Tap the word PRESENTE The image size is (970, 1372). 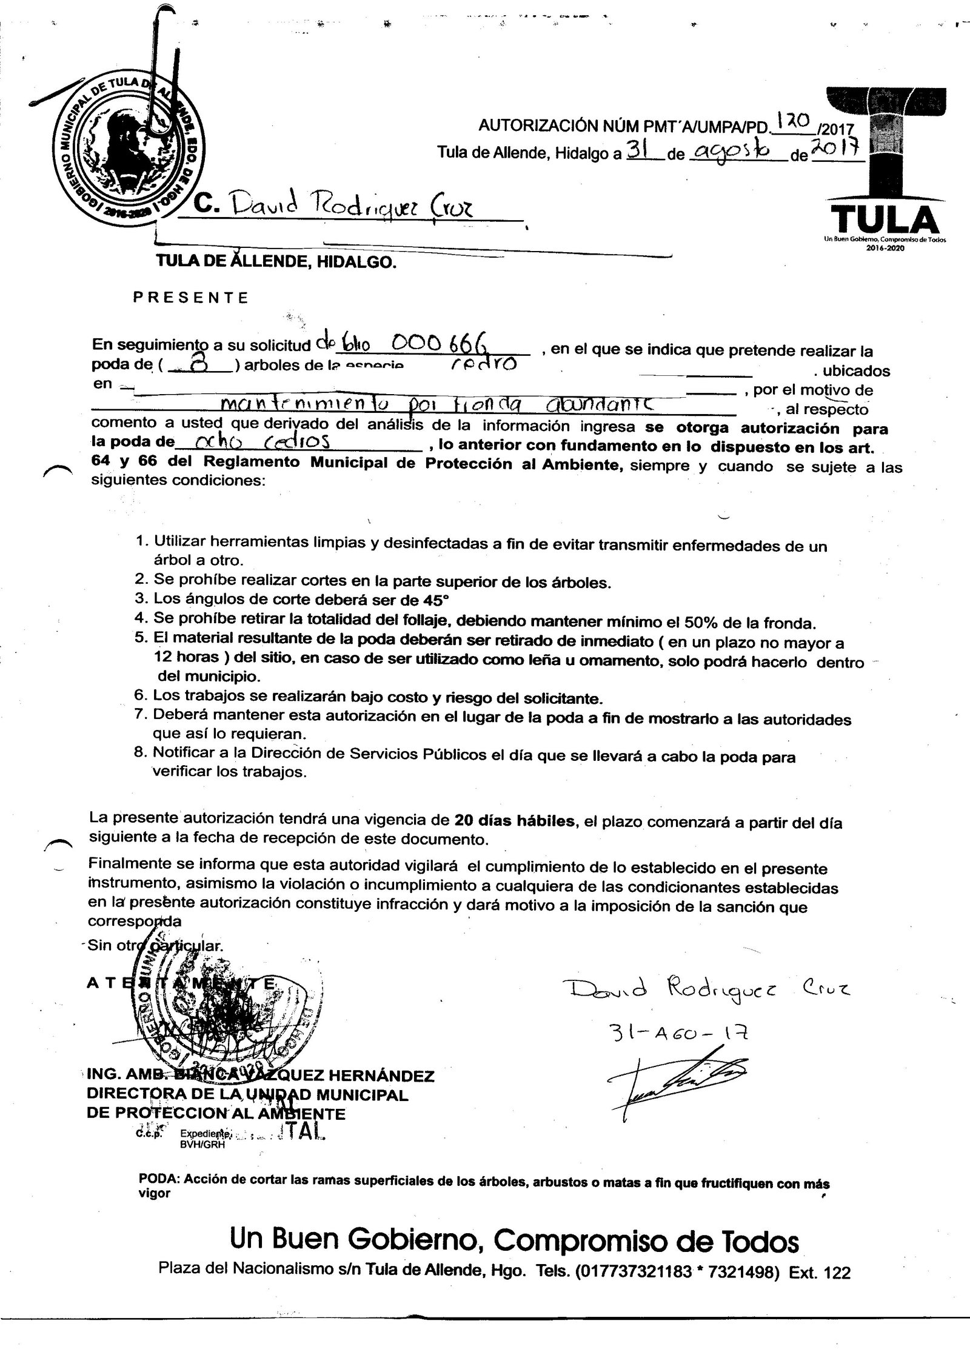pyautogui.click(x=190, y=298)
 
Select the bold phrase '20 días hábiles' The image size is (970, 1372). pyautogui.click(x=514, y=821)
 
